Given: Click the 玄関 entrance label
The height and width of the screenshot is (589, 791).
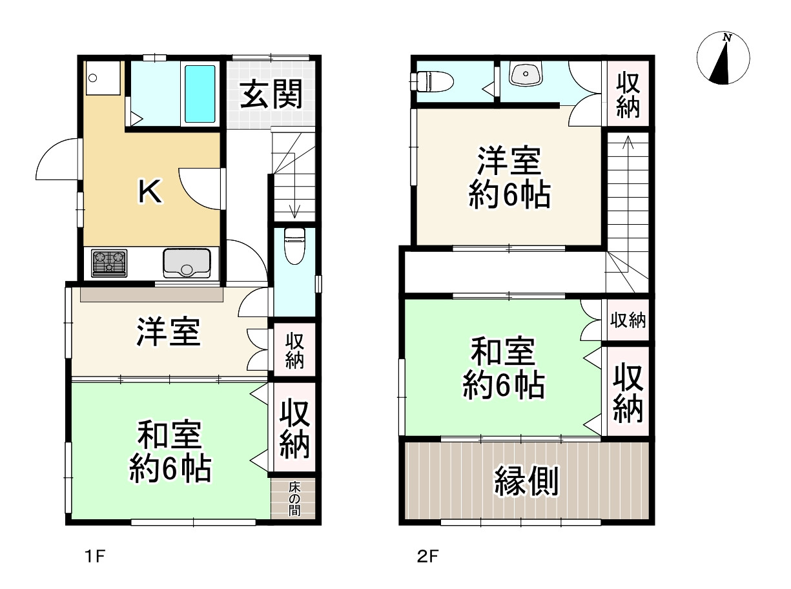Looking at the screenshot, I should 271,96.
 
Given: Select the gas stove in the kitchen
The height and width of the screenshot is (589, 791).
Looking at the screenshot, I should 109,263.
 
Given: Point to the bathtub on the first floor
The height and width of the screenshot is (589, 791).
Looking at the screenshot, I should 200,94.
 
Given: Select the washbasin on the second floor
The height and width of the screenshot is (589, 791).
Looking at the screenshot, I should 528,75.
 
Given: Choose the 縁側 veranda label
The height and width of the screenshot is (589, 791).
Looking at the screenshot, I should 526,480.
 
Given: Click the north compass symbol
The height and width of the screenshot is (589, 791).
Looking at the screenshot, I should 723,59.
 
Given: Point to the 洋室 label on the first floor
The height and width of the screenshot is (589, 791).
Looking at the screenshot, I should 168,333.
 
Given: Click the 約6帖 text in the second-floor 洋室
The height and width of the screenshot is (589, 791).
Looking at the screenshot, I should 509,194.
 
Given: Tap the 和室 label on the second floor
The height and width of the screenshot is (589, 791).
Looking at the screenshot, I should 502,354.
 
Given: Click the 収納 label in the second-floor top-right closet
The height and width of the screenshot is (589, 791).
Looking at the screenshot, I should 627,95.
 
